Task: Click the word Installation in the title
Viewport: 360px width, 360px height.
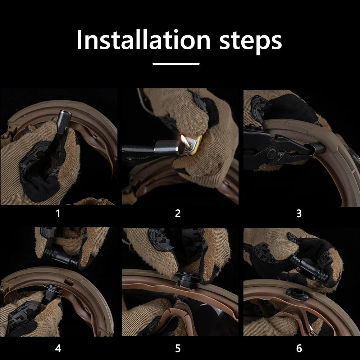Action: pyautogui.click(x=143, y=39)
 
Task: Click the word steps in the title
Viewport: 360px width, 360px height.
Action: pyautogui.click(x=250, y=42)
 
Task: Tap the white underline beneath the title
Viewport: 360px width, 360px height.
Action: pyautogui.click(x=176, y=64)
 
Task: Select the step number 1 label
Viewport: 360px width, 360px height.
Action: pyautogui.click(x=58, y=213)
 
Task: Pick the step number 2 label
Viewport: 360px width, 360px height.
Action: pyautogui.click(x=178, y=214)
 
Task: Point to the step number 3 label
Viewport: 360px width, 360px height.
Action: pyautogui.click(x=299, y=214)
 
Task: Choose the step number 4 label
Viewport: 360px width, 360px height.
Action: pyautogui.click(x=58, y=348)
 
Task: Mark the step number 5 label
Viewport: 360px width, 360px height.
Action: pyautogui.click(x=178, y=348)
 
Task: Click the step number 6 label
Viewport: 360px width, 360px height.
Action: pyautogui.click(x=299, y=348)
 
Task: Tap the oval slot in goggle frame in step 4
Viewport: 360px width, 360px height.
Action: pyautogui.click(x=69, y=282)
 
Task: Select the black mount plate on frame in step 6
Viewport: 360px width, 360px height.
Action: pyautogui.click(x=297, y=294)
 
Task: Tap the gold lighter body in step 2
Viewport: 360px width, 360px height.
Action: pyautogui.click(x=194, y=145)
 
